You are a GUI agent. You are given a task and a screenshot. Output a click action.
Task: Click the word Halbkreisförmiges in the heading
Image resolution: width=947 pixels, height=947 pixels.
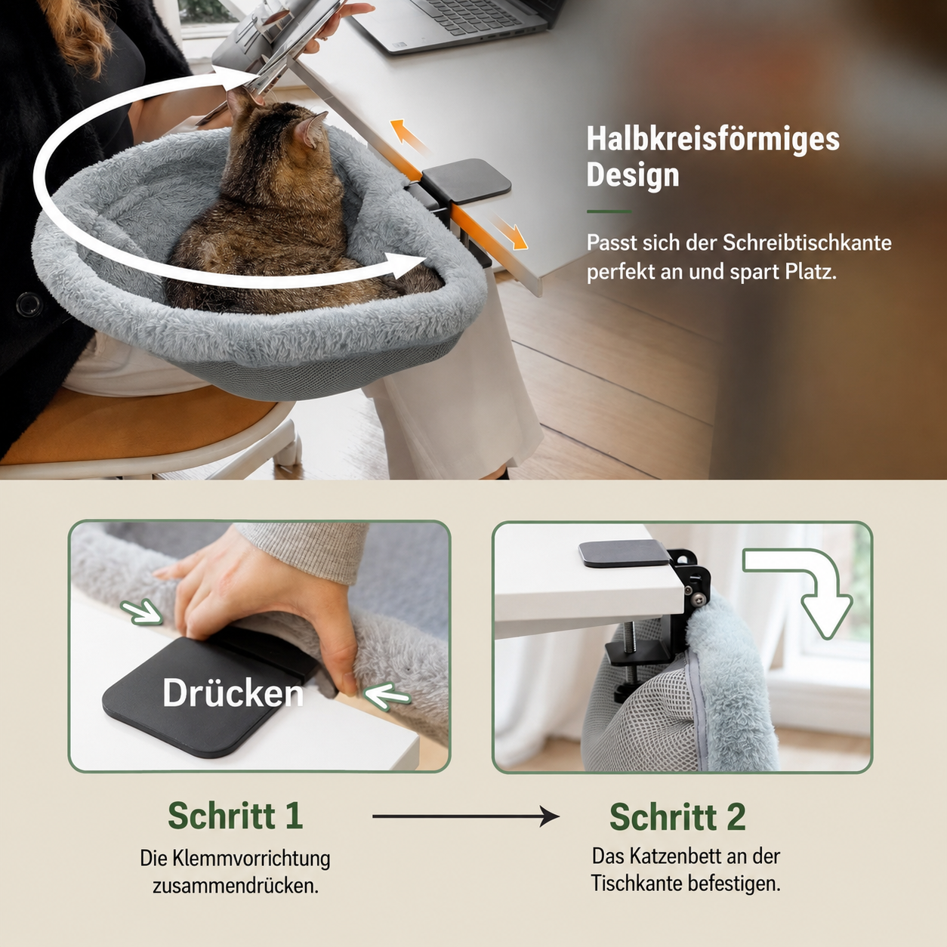713,140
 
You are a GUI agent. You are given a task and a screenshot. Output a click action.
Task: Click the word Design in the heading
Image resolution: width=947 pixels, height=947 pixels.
633,175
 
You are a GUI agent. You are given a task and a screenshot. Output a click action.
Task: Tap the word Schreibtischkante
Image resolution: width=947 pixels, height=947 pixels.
807,242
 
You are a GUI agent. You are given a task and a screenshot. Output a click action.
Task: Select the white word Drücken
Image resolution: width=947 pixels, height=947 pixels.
233,693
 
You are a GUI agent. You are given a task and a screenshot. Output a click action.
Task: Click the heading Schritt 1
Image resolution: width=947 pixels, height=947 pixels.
236,816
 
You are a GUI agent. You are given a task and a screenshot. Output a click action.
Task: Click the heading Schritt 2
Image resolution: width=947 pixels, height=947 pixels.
677,817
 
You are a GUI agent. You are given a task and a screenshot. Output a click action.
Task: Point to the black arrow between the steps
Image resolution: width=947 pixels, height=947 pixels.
465,816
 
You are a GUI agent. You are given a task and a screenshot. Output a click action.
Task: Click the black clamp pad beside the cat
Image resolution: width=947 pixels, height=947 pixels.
466,180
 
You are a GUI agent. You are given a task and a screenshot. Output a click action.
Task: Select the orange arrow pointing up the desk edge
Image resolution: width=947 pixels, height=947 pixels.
407,136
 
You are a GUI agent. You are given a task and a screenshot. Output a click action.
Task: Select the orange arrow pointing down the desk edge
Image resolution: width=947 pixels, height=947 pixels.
509,232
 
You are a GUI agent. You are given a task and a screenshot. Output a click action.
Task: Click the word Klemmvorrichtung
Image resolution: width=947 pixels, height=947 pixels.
251,859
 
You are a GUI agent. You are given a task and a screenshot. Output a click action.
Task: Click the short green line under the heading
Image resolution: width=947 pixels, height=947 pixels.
609,211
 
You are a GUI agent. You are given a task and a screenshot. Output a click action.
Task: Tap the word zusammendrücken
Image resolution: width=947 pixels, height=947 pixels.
236,886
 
